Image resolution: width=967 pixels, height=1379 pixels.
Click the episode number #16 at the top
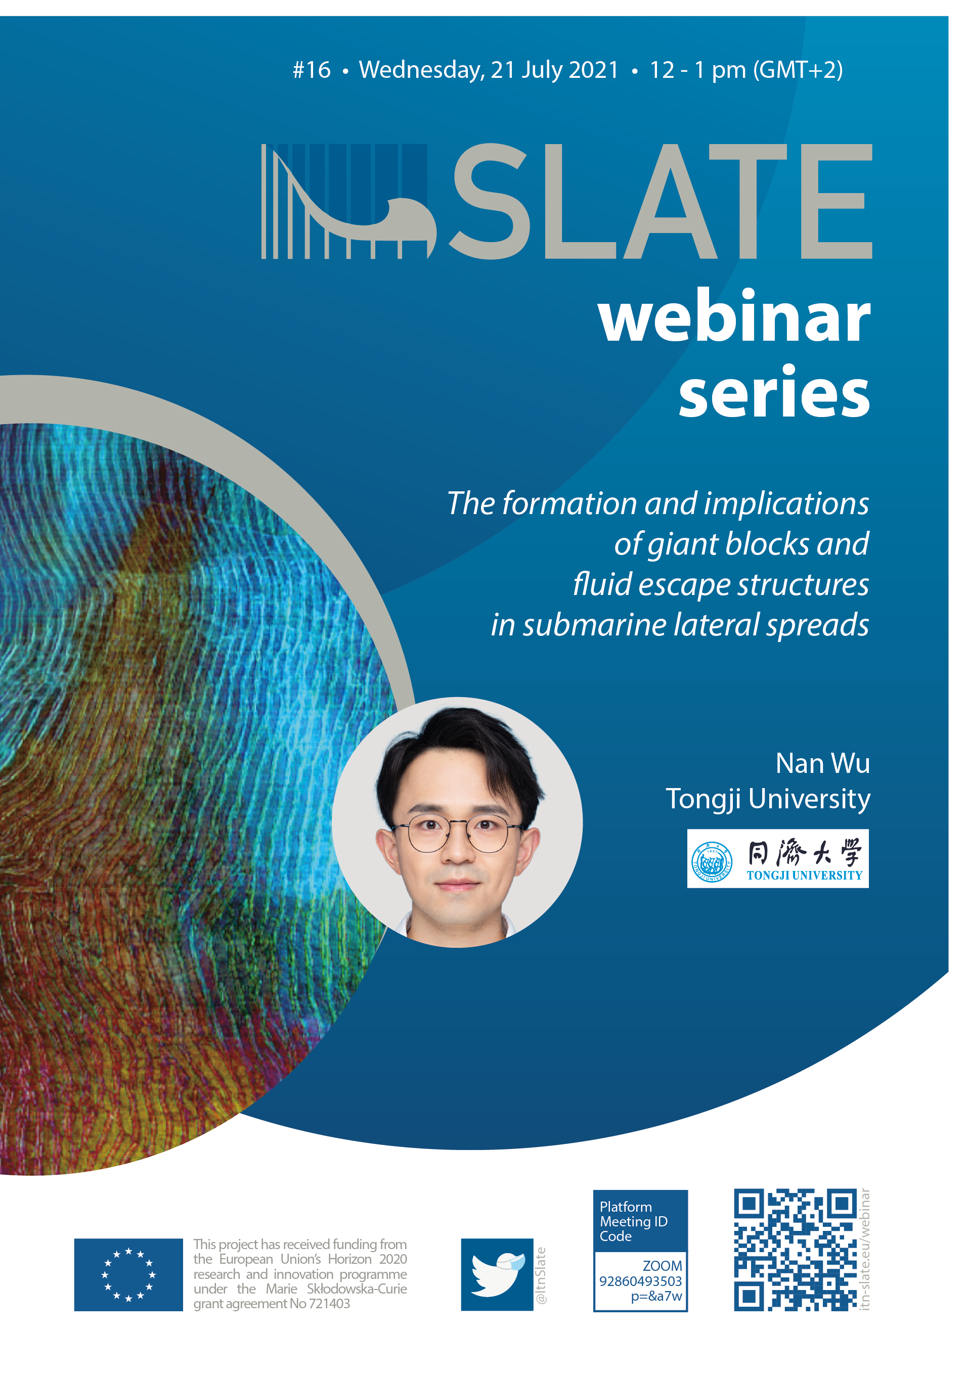click(312, 70)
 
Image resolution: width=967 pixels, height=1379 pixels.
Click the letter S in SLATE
click(490, 201)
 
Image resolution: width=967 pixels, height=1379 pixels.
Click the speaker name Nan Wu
click(822, 763)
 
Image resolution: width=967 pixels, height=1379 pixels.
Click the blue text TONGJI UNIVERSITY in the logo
click(805, 876)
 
